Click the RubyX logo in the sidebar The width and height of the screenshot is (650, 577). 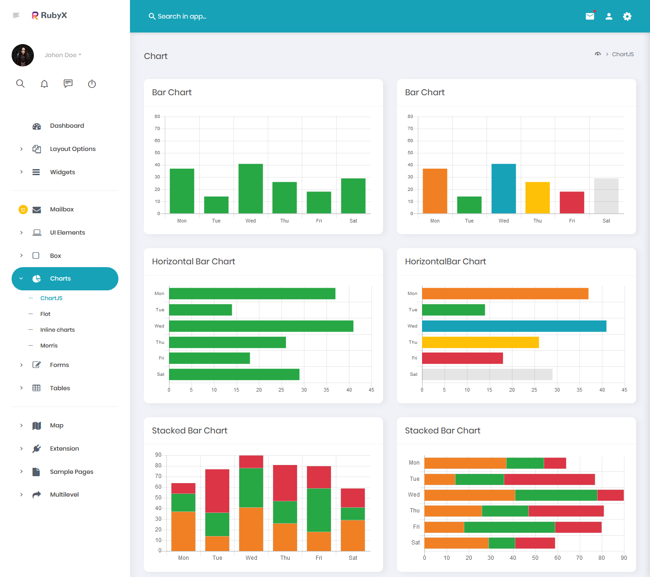tap(49, 15)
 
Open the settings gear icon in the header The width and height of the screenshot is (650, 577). tap(627, 16)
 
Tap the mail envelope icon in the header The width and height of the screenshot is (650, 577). tap(590, 16)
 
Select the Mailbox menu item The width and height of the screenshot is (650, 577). tap(62, 210)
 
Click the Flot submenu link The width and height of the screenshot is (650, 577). tap(45, 314)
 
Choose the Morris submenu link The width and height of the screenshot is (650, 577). tap(49, 346)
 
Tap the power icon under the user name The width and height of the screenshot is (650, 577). tap(92, 84)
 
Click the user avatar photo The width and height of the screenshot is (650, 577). tap(23, 55)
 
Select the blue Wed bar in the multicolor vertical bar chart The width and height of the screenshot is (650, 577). tap(503, 189)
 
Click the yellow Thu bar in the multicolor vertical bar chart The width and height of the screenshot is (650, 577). tap(537, 197)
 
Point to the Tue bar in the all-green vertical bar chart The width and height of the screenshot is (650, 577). tap(216, 205)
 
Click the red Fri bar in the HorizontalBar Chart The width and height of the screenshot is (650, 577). tap(462, 358)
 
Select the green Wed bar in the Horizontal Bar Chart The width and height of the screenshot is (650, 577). tap(261, 326)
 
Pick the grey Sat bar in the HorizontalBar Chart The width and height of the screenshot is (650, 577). tap(487, 374)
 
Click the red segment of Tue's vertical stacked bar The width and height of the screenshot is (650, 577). tap(217, 491)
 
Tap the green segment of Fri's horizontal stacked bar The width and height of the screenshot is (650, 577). tap(509, 527)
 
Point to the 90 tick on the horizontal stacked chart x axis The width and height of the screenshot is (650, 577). tap(624, 558)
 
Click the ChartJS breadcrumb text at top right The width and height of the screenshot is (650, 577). tap(623, 54)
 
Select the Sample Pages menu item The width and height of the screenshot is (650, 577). tap(71, 472)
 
